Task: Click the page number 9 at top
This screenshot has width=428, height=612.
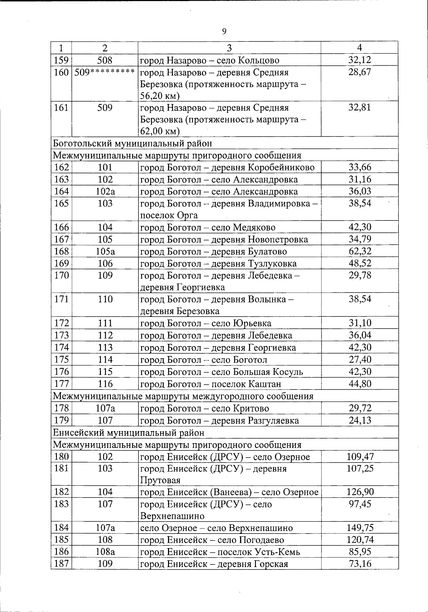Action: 224,32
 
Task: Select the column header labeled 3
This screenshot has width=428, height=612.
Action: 229,48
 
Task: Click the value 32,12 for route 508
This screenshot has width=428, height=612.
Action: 360,60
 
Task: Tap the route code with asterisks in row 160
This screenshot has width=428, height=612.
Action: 105,72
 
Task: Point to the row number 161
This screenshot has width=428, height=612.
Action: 61,107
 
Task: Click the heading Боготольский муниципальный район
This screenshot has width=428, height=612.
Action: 132,143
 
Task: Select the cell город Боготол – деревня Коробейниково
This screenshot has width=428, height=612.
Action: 228,167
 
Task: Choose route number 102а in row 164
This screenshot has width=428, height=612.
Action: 105,192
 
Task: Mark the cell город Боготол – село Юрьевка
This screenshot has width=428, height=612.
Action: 206,324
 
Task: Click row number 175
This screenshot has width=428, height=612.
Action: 61,360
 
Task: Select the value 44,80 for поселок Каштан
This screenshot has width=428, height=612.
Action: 360,384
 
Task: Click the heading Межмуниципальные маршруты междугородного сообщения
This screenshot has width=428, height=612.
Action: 183,396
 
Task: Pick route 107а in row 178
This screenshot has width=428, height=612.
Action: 105,408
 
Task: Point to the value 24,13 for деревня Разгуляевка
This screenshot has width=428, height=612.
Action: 360,420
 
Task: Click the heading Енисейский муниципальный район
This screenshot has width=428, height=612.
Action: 129,433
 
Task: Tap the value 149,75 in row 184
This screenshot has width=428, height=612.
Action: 360,528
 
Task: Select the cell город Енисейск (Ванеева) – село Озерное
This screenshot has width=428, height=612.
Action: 229,492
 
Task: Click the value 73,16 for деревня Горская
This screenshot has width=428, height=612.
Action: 360,564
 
